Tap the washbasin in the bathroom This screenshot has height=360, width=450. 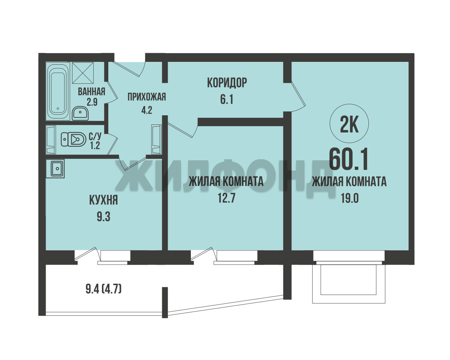(x=80, y=113)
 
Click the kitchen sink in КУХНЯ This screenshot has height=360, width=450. (x=55, y=168)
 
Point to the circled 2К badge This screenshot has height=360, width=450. (x=349, y=123)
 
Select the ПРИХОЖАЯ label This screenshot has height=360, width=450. (x=147, y=97)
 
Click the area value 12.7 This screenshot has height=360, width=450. (x=227, y=198)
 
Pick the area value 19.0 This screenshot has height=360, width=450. (x=350, y=198)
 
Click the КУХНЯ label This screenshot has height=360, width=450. (x=103, y=200)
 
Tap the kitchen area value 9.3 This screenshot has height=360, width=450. (x=103, y=217)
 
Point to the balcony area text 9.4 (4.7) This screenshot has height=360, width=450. (x=103, y=289)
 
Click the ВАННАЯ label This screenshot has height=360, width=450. (x=92, y=91)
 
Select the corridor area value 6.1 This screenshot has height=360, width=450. (x=227, y=99)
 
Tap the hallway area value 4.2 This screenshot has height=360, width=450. (x=147, y=110)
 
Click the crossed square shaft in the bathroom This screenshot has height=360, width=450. (x=83, y=73)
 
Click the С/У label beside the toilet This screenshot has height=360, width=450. (x=95, y=136)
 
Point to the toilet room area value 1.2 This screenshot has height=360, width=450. (x=95, y=145)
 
